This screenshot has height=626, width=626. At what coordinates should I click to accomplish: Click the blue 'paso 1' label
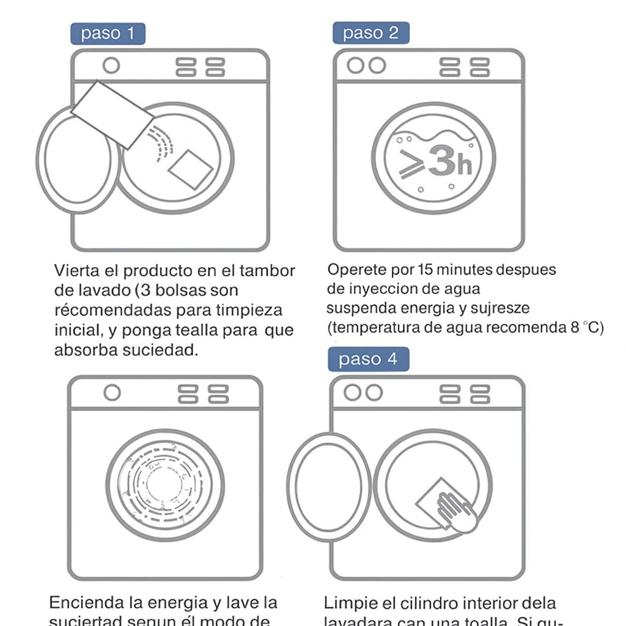(x=108, y=34)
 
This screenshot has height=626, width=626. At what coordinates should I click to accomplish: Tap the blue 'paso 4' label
(x=368, y=359)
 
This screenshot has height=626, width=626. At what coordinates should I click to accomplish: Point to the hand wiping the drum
(x=456, y=511)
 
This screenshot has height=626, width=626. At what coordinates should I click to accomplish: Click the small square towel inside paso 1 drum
(x=191, y=169)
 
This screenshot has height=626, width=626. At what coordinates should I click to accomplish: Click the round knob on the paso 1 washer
(x=111, y=65)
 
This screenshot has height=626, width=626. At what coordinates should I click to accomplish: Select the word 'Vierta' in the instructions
(x=77, y=271)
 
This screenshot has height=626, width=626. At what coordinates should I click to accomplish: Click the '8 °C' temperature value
(x=587, y=327)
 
